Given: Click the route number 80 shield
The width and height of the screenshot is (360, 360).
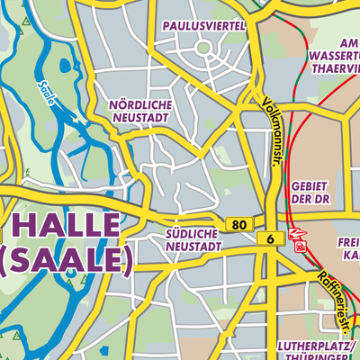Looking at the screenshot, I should (x=238, y=224).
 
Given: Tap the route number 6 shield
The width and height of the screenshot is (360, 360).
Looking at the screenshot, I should (x=268, y=238).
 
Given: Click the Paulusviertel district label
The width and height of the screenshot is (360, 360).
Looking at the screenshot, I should (x=204, y=26).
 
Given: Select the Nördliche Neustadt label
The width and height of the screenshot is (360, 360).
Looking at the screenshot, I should (x=140, y=112).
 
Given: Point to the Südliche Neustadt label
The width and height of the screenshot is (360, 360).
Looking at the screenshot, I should (x=193, y=239).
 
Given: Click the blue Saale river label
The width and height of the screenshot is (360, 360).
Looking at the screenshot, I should (x=46, y=93).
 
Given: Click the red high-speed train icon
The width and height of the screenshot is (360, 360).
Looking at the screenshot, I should (x=297, y=233).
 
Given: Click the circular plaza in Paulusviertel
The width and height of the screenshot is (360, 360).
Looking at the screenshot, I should (x=203, y=47).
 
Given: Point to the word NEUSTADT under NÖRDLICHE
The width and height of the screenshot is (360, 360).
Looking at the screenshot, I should (x=140, y=118).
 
